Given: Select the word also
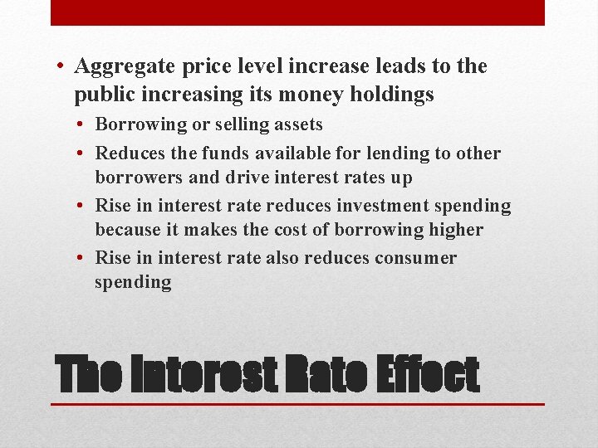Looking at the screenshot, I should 282,258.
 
